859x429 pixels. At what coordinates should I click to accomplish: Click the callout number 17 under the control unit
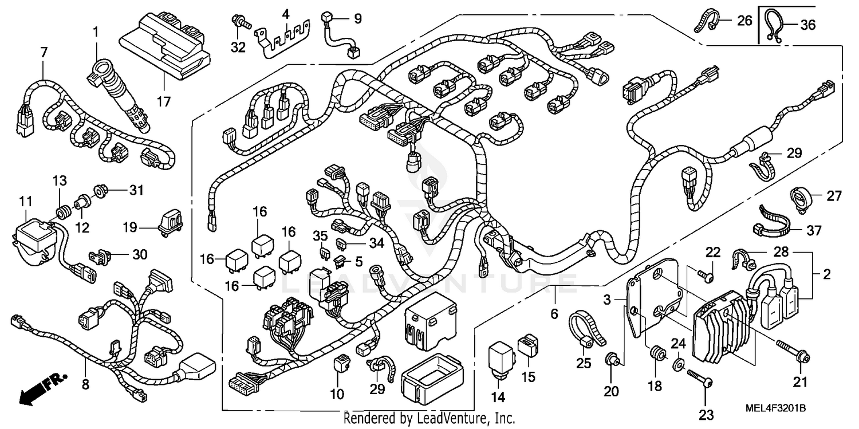pos(164,102)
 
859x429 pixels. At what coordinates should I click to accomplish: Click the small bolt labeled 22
pos(706,275)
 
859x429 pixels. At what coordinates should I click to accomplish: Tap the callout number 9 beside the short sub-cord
pos(357,19)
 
